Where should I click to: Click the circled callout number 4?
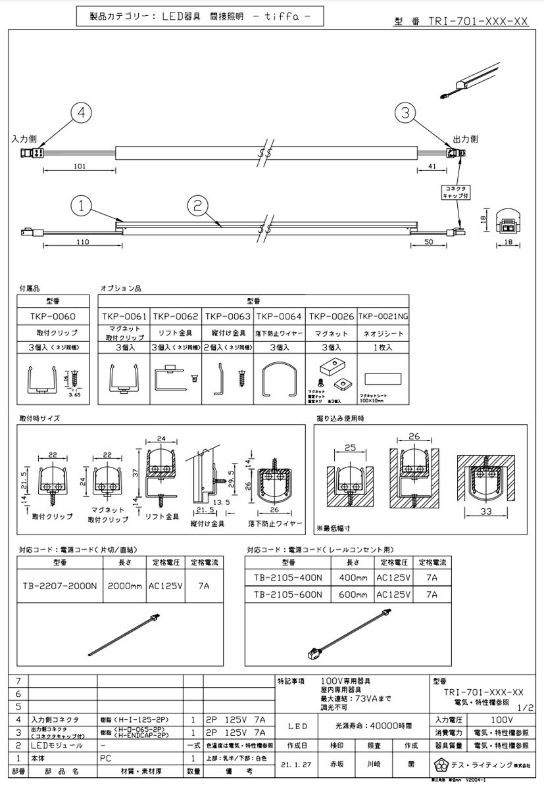(81, 112)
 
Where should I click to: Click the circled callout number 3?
(407, 112)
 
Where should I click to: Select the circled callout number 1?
(81, 205)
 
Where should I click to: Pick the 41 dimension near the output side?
(432, 167)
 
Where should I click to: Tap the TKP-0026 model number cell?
(332, 316)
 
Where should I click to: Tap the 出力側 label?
(464, 139)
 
